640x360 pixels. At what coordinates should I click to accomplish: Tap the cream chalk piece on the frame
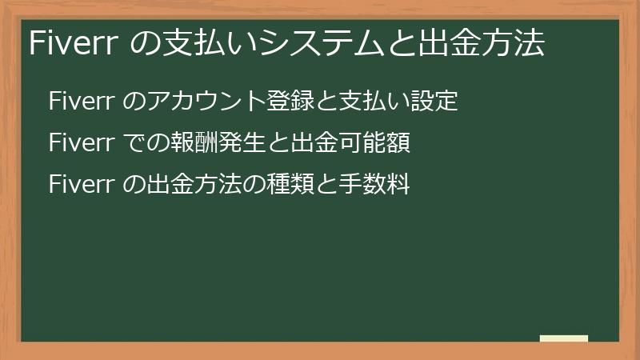564,338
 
